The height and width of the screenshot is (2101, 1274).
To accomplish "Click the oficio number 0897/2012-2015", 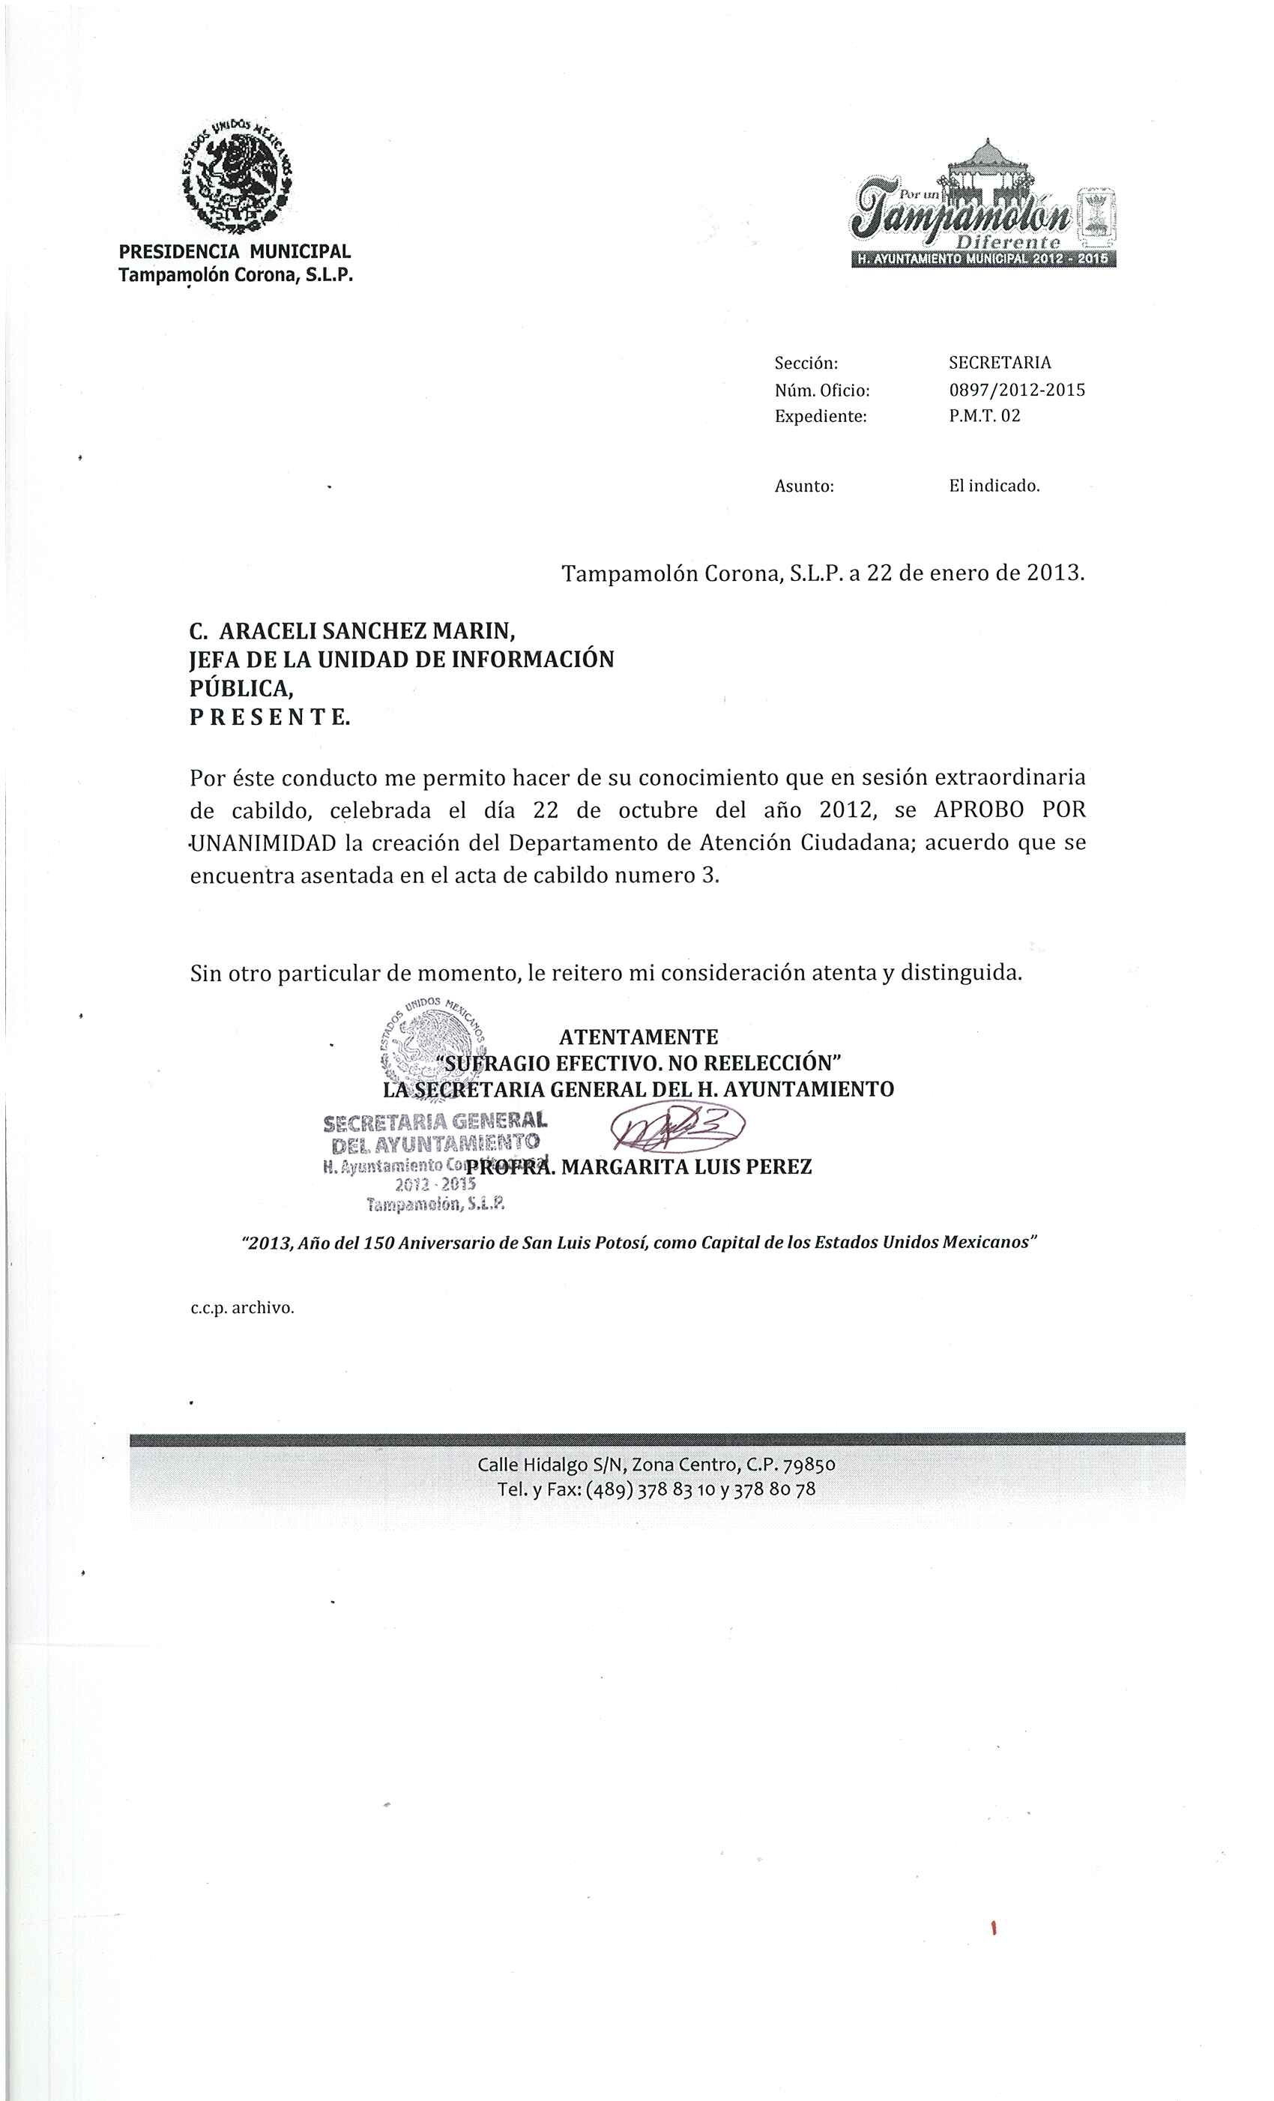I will click(1015, 390).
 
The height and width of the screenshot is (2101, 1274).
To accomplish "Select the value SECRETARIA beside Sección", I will click(1000, 362).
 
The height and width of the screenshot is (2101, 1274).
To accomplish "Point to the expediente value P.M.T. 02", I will click(984, 416).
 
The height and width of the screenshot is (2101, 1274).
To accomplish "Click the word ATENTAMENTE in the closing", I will click(638, 1037).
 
